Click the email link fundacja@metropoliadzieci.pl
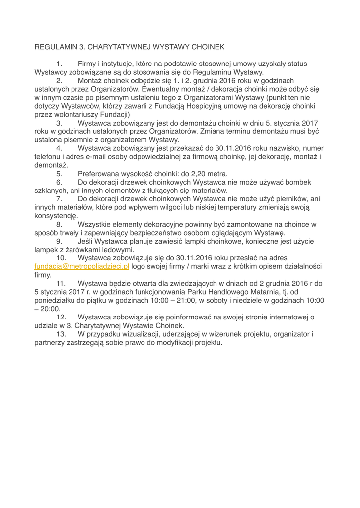pyautogui.click(x=82, y=266)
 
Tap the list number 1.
pyautogui.click(x=59, y=63)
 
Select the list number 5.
pyautogui.click(x=59, y=174)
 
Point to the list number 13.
pyautogui.click(x=61, y=334)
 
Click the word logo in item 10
pyautogui.click(x=139, y=266)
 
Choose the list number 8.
pyautogui.click(x=59, y=224)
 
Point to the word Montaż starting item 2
pyautogui.click(x=91, y=80)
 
